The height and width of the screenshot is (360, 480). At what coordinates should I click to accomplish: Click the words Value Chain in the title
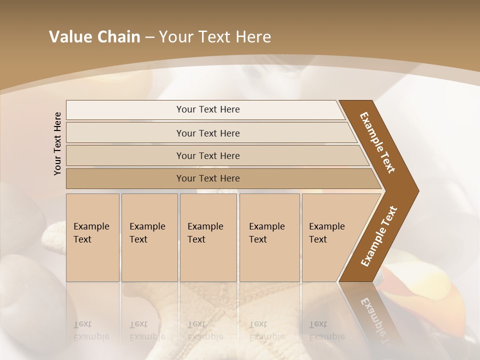94,37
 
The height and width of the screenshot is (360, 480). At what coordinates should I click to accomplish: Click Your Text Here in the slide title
215,37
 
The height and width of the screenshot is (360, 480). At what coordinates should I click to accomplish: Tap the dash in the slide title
149,37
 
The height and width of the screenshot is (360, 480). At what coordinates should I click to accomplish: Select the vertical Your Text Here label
57,143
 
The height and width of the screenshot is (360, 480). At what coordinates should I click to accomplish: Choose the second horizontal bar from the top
208,133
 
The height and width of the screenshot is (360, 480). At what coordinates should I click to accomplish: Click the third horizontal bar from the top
208,155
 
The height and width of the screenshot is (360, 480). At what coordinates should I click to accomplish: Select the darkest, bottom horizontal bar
208,178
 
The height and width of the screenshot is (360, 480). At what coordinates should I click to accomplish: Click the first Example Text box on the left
92,237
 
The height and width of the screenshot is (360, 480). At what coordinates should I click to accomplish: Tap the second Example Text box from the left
149,237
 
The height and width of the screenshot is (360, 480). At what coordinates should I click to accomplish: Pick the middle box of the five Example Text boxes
208,237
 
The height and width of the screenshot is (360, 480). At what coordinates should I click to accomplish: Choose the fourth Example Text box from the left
269,237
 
